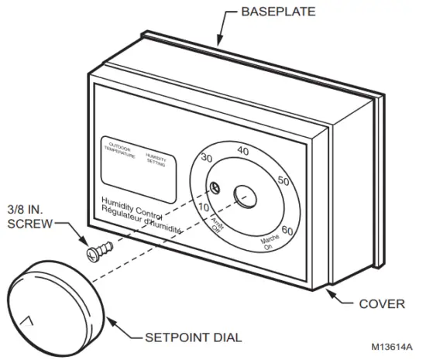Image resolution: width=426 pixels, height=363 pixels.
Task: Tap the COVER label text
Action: click(x=381, y=303)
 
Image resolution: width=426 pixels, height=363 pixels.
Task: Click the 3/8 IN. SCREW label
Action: click(x=29, y=216)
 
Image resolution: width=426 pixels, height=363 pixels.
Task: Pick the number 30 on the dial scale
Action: click(x=206, y=159)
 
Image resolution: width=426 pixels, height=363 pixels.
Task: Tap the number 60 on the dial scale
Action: click(x=287, y=230)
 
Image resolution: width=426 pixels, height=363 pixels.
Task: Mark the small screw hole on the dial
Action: click(x=216, y=188)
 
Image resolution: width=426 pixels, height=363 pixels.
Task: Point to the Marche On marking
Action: click(x=269, y=245)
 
